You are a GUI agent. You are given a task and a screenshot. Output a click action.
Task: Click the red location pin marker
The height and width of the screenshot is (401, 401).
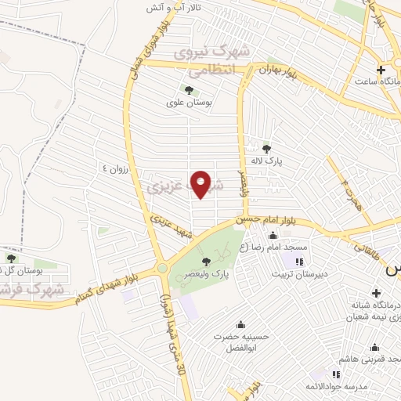coord(201,184)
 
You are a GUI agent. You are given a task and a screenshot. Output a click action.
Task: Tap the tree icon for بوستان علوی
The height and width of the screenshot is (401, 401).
coord(187,89)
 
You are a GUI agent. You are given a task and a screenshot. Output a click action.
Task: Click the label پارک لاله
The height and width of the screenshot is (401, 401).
coord(266,161)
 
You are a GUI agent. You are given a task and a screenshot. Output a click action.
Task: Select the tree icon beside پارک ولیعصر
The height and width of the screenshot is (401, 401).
coord(206,262)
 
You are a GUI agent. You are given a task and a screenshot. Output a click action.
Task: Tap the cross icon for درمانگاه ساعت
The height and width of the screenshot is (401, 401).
coord(381,70)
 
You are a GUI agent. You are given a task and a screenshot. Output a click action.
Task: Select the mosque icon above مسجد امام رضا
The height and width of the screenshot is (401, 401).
coord(273,235)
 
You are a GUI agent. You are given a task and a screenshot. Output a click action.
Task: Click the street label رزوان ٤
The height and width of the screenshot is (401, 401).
coord(117,168)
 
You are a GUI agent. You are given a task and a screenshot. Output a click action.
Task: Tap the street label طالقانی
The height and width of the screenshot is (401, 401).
coord(366,247)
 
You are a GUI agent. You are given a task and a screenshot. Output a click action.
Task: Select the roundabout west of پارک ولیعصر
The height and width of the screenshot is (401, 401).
coord(162,268)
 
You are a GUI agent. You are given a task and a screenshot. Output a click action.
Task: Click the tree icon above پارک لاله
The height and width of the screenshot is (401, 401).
coord(266,148)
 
